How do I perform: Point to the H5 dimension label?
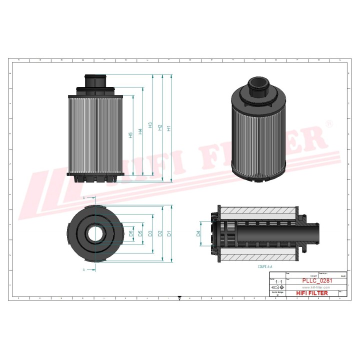(x=130, y=135)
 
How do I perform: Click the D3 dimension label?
(x=150, y=233)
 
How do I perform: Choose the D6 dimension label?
(x=130, y=233)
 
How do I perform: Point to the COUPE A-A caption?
(x=265, y=267)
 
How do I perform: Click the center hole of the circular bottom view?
(x=94, y=233)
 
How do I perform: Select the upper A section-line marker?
(x=83, y=198)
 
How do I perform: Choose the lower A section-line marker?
(x=83, y=269)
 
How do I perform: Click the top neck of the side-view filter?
(x=95, y=80)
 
